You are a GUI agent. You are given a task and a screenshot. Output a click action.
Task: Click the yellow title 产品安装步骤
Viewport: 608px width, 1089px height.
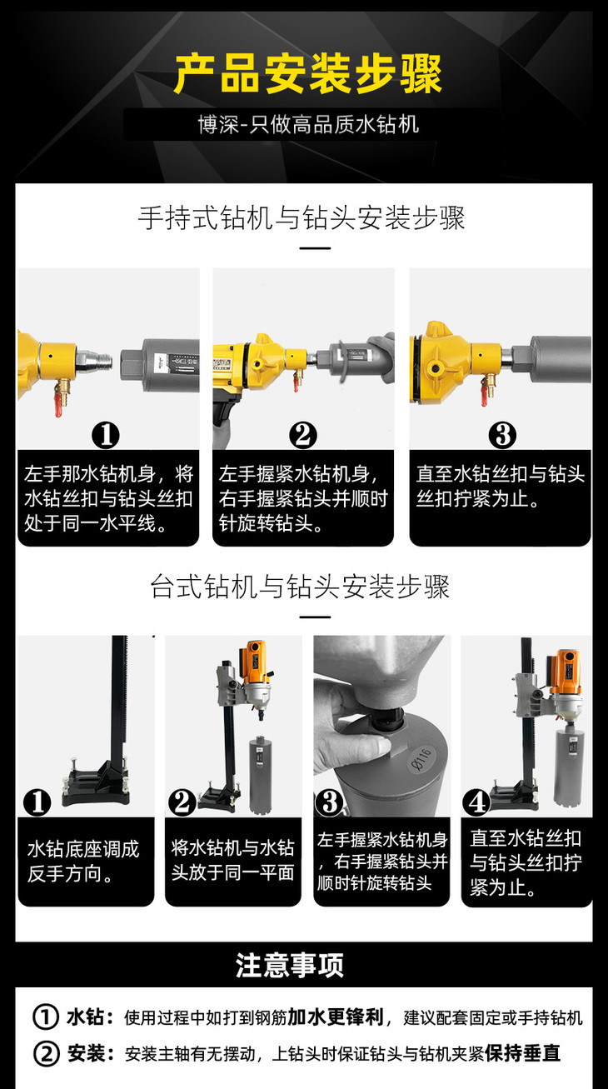point(308,74)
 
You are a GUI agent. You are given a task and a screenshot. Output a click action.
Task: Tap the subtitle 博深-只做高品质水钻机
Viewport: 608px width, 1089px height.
point(308,124)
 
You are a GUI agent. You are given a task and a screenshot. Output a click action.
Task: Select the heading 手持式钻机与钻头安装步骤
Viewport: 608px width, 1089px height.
point(302,217)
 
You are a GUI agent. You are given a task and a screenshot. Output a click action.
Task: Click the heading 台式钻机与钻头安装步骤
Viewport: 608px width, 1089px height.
point(300,587)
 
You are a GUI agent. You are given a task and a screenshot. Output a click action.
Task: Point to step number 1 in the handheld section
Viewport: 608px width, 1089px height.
point(106,435)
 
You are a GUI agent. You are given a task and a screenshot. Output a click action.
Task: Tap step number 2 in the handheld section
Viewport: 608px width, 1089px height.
point(303,435)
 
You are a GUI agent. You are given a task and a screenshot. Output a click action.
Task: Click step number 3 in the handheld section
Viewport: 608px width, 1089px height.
point(502,435)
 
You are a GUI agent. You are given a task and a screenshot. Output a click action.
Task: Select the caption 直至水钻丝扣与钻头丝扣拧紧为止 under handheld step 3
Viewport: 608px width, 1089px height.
point(501,486)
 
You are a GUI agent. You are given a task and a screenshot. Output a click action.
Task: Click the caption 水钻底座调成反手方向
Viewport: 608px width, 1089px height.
point(83,862)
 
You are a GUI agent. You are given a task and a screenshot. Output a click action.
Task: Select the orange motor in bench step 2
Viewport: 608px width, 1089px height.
point(255,662)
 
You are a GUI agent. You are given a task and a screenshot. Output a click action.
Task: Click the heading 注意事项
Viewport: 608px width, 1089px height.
point(290,965)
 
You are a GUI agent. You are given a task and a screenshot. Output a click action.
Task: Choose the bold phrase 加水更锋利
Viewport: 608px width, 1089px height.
point(336,1017)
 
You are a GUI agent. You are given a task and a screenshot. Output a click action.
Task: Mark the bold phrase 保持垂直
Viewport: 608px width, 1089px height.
point(523,1053)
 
